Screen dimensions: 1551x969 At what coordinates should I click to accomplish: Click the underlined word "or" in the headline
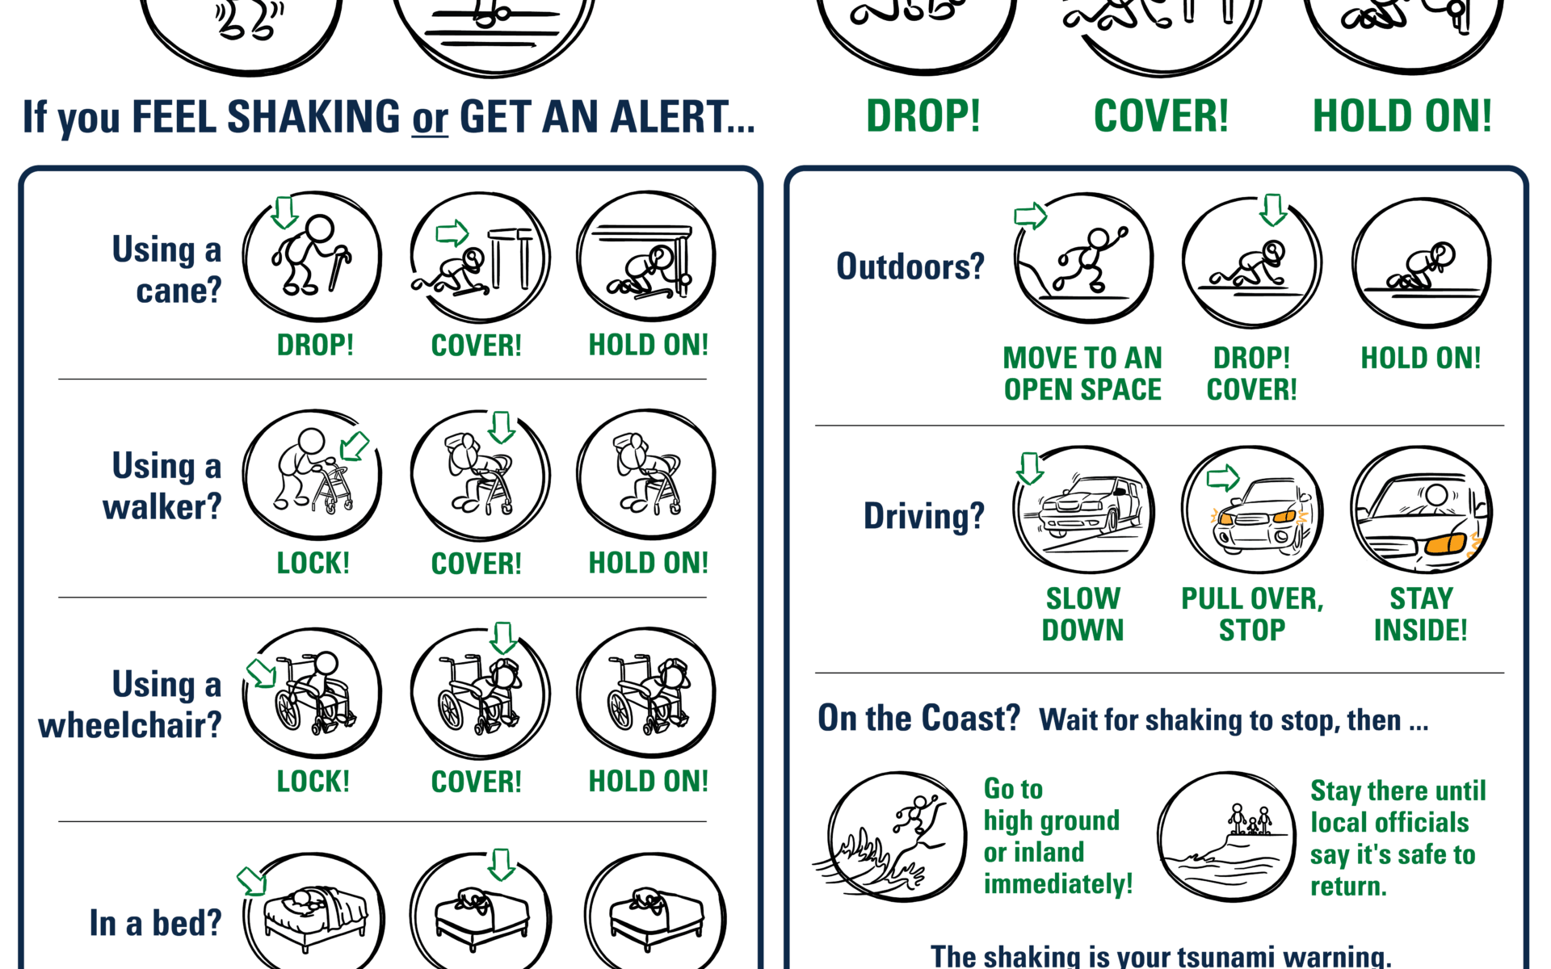tap(430, 118)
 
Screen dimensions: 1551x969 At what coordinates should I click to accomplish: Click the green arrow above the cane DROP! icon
tap(284, 212)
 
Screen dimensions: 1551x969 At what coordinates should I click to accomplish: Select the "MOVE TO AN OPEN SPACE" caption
tap(1082, 374)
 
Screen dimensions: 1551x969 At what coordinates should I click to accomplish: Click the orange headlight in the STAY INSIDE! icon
tap(1446, 543)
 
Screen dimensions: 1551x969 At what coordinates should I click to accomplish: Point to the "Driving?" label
tap(924, 516)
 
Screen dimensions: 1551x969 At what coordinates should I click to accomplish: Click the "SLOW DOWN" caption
tap(1083, 615)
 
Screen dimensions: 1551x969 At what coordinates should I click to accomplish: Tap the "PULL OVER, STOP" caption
tap(1252, 615)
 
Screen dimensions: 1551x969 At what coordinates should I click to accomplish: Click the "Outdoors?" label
tap(910, 266)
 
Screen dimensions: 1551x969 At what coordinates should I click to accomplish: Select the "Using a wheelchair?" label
tap(130, 705)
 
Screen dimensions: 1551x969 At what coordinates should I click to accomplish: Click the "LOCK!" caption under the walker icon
tap(313, 563)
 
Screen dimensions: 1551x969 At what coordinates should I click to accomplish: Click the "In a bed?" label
tap(155, 923)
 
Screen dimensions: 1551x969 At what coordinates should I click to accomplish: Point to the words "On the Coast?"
tap(919, 718)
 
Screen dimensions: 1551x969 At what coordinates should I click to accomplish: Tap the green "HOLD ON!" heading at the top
tap(1402, 116)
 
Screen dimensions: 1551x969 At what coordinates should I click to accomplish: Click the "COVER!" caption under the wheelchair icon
tap(477, 782)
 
